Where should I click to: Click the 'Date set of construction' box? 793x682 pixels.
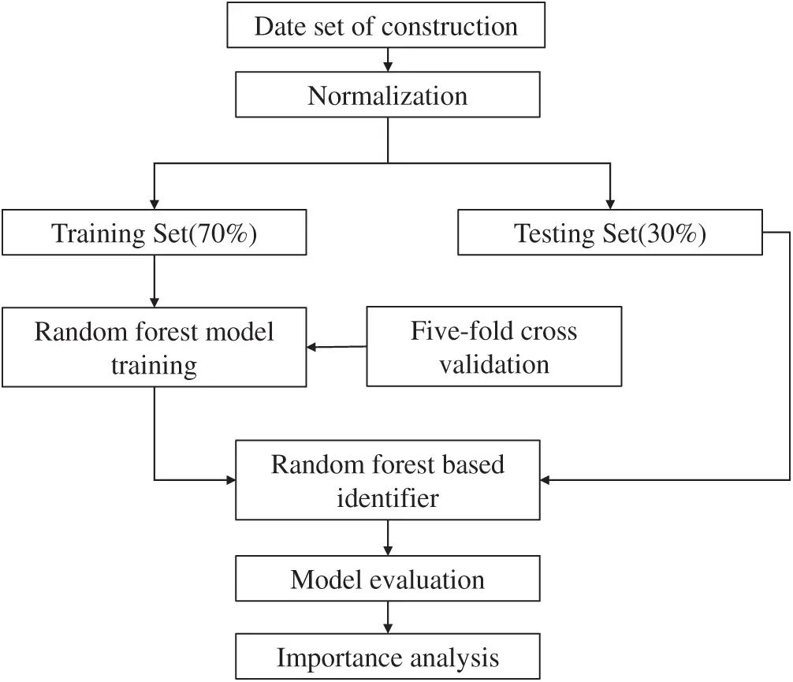pos(386,26)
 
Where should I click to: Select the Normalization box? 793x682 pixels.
pos(386,96)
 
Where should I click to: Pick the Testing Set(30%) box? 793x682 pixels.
pos(609,233)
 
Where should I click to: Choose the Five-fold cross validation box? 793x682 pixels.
pos(493,347)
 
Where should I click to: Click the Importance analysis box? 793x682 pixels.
pos(387,657)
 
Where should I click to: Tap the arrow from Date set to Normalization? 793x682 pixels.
pos(387,61)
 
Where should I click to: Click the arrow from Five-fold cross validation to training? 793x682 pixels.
pos(337,347)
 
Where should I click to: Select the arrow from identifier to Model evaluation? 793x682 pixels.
pos(387,539)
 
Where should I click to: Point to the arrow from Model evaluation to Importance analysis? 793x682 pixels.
pos(387,618)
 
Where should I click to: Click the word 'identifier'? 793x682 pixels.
pos(387,498)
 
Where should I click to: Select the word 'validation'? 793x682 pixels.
pos(493,364)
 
